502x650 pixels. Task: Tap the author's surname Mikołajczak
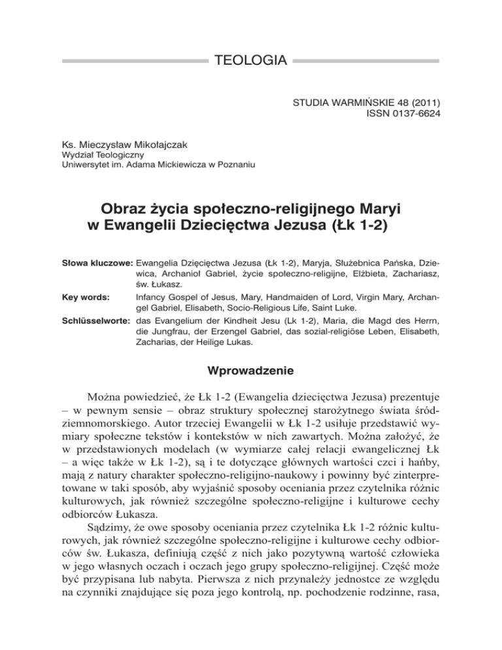tap(147, 142)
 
